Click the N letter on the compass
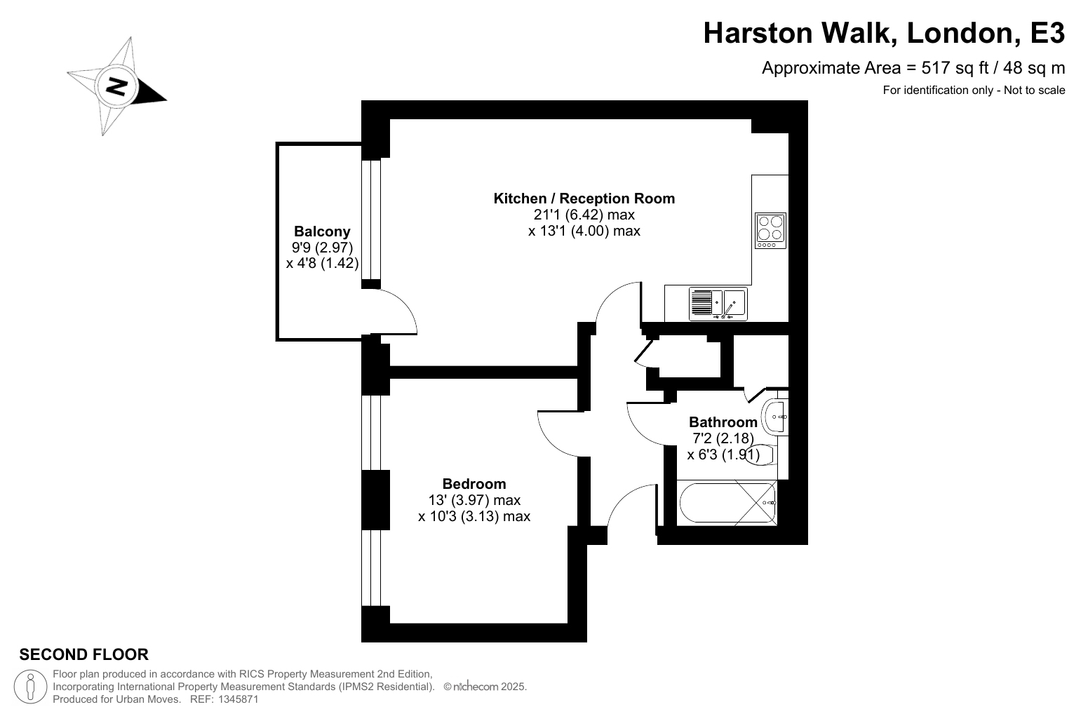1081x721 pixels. pos(116,87)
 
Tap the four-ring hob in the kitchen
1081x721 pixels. pos(770,231)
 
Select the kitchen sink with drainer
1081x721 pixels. pos(718,304)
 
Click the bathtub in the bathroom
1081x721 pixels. pos(727,503)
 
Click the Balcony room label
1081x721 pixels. pos(323,231)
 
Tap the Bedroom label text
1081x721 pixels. pos(474,483)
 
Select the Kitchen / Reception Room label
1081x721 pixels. pos(584,198)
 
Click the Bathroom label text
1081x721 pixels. pos(723,422)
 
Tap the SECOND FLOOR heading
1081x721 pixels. pos(84,654)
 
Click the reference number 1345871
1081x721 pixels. pos(239,699)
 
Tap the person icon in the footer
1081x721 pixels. pos(30,687)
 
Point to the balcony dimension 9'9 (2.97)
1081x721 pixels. pos(323,248)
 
